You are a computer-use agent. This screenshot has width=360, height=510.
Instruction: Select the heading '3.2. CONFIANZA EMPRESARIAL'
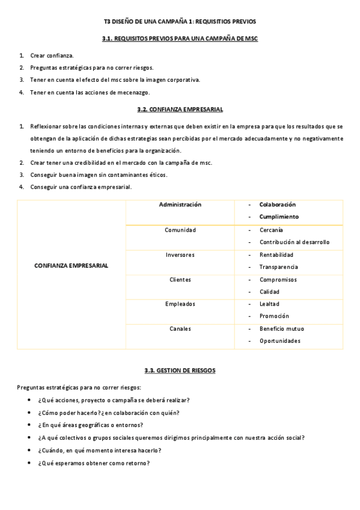[x=180, y=109]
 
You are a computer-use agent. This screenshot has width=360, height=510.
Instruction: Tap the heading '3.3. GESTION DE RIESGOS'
[x=180, y=370]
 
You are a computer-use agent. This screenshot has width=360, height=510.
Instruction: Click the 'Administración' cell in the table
[x=180, y=204]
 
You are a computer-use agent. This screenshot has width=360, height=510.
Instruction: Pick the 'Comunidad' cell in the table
[x=180, y=230]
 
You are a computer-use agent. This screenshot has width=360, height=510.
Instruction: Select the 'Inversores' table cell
[x=180, y=254]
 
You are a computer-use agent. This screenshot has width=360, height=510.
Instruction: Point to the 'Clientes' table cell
[x=180, y=280]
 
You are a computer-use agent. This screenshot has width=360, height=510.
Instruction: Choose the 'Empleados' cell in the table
[x=180, y=304]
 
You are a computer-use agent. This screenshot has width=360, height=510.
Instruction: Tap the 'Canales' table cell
[x=180, y=329]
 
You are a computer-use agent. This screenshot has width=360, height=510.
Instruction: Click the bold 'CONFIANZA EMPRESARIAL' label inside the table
[x=72, y=266]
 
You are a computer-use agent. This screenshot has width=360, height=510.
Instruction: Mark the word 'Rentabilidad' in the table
[x=276, y=254]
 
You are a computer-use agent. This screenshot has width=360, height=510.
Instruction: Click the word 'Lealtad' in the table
[x=269, y=304]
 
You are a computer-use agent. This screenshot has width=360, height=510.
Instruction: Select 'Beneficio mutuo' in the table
[x=281, y=329]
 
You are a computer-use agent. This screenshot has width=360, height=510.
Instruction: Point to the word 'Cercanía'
[x=272, y=230]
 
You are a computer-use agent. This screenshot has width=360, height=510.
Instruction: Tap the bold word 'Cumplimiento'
[x=279, y=217]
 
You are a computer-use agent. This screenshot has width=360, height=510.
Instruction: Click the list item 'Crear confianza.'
[x=52, y=55]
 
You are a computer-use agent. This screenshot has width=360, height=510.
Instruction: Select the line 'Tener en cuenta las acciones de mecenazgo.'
[x=90, y=92]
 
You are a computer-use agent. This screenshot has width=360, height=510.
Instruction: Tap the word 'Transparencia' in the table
[x=278, y=267]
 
